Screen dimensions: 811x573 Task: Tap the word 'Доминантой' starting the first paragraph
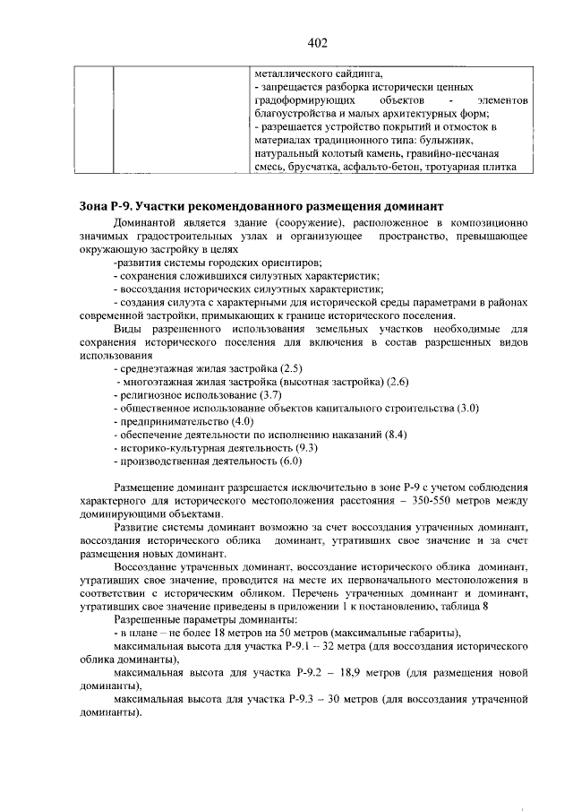pyautogui.click(x=143, y=221)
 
